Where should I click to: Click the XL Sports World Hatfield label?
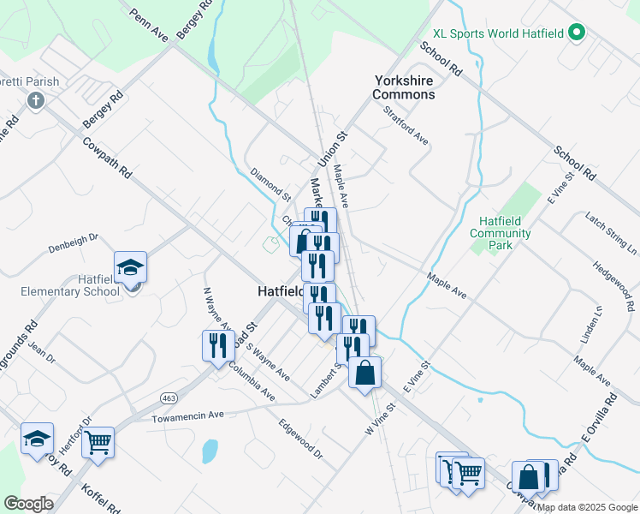point(498,33)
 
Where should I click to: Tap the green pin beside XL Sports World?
point(577,33)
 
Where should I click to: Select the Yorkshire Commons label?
point(405,87)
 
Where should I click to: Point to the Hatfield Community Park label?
point(501,233)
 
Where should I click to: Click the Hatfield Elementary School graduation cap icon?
point(130,268)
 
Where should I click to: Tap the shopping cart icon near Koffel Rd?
point(99,443)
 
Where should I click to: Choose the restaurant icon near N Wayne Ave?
point(216,345)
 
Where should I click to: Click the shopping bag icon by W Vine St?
point(364,373)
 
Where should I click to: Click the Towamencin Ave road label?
point(187,416)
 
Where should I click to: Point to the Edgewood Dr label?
point(300,439)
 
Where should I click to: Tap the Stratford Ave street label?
point(406,125)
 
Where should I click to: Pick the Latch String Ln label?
point(611,234)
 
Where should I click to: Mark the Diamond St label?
point(270,183)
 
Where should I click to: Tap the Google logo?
point(28,504)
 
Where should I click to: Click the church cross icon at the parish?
point(36,101)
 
